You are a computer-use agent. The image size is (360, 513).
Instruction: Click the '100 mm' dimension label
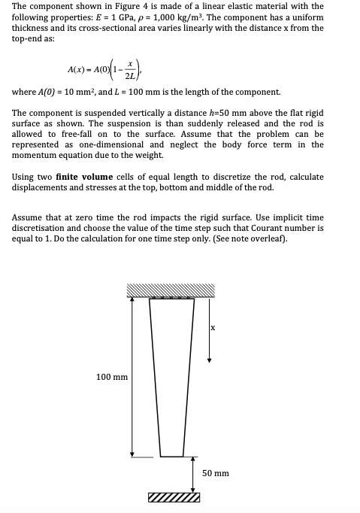point(113,376)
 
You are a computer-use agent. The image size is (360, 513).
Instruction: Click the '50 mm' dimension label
point(216,473)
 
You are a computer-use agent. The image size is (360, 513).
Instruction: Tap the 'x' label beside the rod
point(213,327)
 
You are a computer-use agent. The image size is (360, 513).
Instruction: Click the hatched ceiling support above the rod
point(171,290)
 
